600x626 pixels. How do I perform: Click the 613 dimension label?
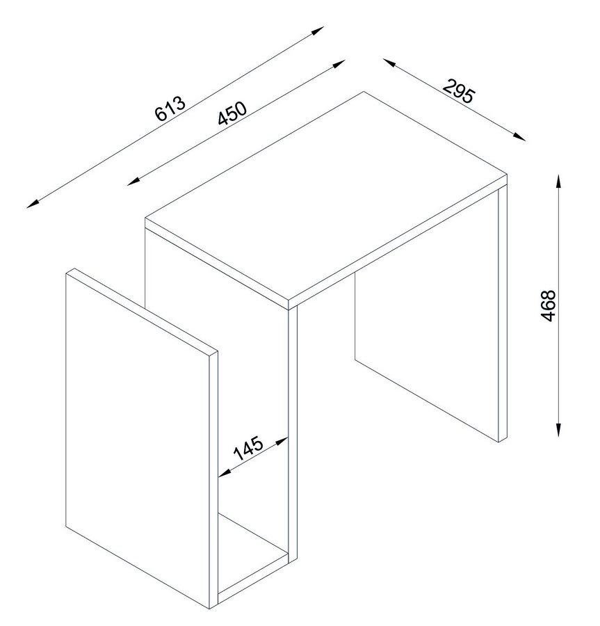(x=170, y=109)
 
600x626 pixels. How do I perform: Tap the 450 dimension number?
(x=232, y=113)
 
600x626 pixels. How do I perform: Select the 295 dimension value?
(x=459, y=91)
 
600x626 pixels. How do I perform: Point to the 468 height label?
(x=548, y=306)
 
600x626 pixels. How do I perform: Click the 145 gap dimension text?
(x=248, y=448)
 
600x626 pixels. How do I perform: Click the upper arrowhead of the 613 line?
(x=318, y=31)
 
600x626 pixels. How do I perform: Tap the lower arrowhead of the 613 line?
(x=33, y=204)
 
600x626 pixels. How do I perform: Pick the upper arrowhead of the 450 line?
(x=339, y=64)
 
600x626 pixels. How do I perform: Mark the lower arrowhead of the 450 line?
(x=134, y=182)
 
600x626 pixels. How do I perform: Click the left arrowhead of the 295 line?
(x=389, y=63)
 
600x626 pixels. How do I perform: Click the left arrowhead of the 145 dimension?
(x=225, y=473)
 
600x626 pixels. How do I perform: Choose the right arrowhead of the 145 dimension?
(x=282, y=441)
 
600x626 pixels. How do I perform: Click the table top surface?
(x=326, y=195)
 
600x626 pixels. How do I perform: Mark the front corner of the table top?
(x=289, y=299)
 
